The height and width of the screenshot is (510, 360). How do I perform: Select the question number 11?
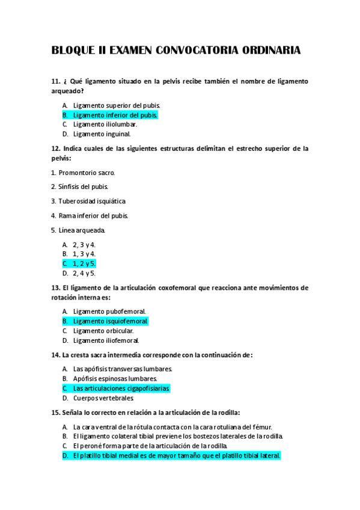pyautogui.click(x=56, y=81)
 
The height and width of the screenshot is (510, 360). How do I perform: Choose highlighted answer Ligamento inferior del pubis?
pyautogui.click(x=115, y=114)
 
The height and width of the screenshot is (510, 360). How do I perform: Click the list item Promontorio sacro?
pyautogui.click(x=87, y=173)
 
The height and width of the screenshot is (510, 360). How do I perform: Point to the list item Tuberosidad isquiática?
pyautogui.click(x=92, y=201)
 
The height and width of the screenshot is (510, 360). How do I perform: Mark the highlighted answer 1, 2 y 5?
pyautogui.click(x=84, y=263)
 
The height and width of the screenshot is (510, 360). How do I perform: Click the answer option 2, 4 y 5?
pyautogui.click(x=84, y=273)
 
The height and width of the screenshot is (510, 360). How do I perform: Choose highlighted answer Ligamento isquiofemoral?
pyautogui.click(x=110, y=321)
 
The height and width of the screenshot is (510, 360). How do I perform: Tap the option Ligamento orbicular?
pyautogui.click(x=103, y=331)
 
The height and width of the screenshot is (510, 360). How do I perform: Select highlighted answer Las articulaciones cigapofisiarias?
pyautogui.click(x=121, y=389)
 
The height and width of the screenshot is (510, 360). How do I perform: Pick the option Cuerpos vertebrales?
pyautogui.click(x=103, y=398)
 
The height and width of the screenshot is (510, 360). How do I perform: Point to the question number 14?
pyautogui.click(x=56, y=355)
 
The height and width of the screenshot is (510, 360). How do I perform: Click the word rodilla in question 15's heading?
pyautogui.click(x=228, y=413)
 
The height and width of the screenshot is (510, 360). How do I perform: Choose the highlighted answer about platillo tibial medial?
pyautogui.click(x=176, y=456)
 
